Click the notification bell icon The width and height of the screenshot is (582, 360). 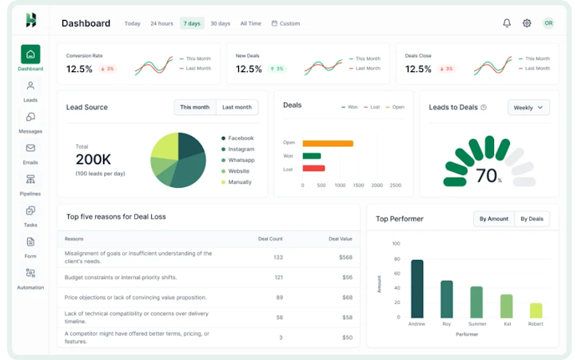(506, 23)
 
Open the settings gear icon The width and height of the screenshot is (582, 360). (527, 23)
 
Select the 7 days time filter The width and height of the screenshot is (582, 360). (192, 23)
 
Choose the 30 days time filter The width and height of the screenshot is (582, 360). (220, 23)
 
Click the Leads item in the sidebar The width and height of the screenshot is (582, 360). (30, 90)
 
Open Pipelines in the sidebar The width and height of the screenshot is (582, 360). (30, 184)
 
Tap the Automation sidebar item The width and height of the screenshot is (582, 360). (30, 278)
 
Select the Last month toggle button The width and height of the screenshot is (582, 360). (237, 107)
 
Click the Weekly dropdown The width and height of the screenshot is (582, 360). (528, 107)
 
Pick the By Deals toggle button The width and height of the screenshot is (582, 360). (532, 218)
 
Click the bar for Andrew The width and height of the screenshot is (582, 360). (417, 289)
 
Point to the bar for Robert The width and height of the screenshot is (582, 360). (536, 310)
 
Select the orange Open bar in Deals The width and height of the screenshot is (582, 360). (328, 143)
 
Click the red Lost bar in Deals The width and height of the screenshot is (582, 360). (313, 169)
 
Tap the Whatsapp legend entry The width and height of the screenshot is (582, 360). (241, 160)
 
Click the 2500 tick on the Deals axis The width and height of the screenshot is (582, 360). (396, 185)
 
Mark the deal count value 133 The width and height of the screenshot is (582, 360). (278, 257)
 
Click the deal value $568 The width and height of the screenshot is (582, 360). (345, 257)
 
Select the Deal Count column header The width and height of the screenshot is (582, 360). (270, 238)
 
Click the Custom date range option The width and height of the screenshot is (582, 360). (285, 23)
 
